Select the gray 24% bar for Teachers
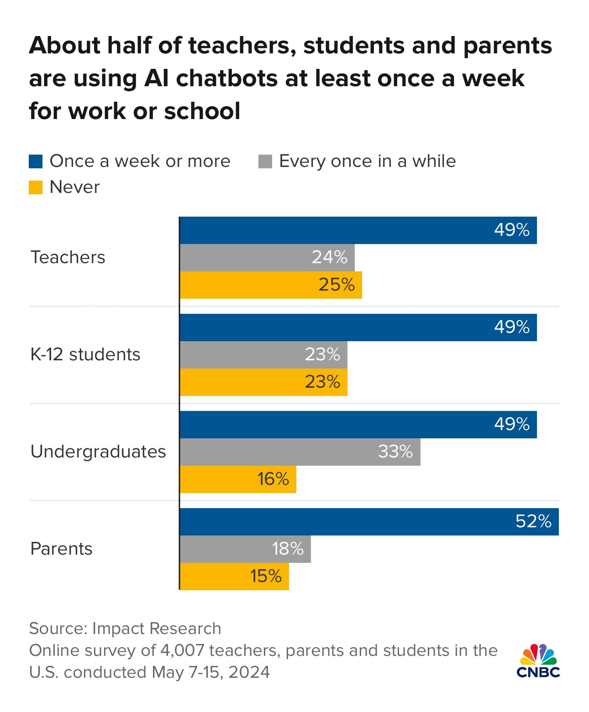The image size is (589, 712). [x=267, y=258]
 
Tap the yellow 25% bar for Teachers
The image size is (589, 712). [x=271, y=285]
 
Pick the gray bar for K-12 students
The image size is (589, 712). [x=263, y=355]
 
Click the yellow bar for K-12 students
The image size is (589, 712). [x=263, y=382]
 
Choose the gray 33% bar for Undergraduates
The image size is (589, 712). [x=300, y=452]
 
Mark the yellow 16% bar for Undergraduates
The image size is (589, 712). [x=238, y=479]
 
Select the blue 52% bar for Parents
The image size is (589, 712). [x=369, y=522]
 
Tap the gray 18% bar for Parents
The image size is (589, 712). [x=245, y=549]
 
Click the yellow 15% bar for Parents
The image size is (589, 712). [x=234, y=577]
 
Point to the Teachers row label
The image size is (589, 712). [x=68, y=258]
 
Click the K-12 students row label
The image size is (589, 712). [x=85, y=355]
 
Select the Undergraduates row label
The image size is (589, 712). [x=98, y=452]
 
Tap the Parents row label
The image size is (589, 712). [x=62, y=549]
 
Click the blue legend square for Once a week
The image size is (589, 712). [x=36, y=161]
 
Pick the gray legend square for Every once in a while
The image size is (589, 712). [x=265, y=161]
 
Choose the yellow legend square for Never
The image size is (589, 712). [x=36, y=187]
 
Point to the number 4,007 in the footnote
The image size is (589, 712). [x=182, y=650]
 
